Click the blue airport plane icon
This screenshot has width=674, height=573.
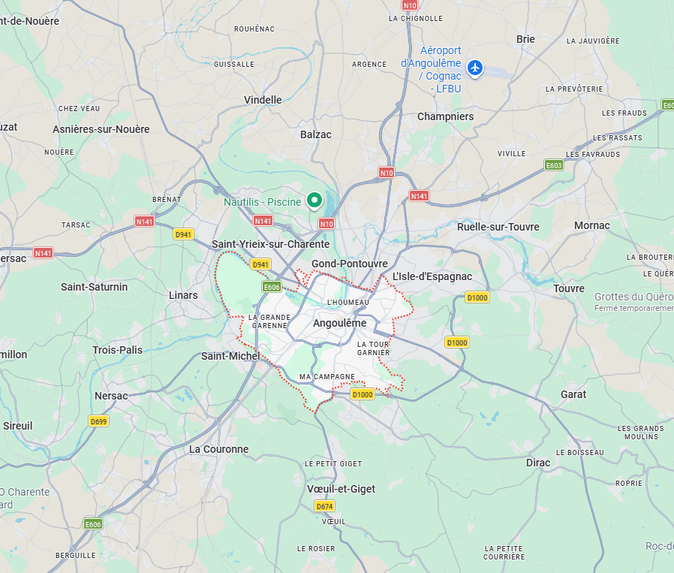coord(474,68)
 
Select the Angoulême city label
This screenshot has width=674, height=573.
coord(339,323)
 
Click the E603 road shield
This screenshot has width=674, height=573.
coord(554,165)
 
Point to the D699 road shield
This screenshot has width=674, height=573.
coord(98,421)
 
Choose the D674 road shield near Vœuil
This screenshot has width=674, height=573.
coord(324,506)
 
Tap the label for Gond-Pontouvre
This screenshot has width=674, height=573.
coord(350,264)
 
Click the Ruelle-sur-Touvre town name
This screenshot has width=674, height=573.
coord(498,227)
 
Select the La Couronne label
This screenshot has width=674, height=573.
coord(218,449)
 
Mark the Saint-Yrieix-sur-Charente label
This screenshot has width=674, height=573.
coord(270,244)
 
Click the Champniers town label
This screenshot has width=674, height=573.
coord(445,116)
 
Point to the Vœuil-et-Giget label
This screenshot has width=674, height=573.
coord(341,489)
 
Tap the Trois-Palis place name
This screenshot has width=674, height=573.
coord(117,350)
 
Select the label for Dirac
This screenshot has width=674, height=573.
coord(538,463)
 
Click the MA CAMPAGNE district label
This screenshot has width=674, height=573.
coord(326,376)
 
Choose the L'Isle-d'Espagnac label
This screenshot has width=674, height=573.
coord(432,276)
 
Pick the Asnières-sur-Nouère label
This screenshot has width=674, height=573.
coord(101,129)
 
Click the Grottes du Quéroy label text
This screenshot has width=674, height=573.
coord(633,297)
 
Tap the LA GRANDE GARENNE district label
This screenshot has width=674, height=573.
coord(268,321)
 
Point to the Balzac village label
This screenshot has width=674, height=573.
coord(315,134)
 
